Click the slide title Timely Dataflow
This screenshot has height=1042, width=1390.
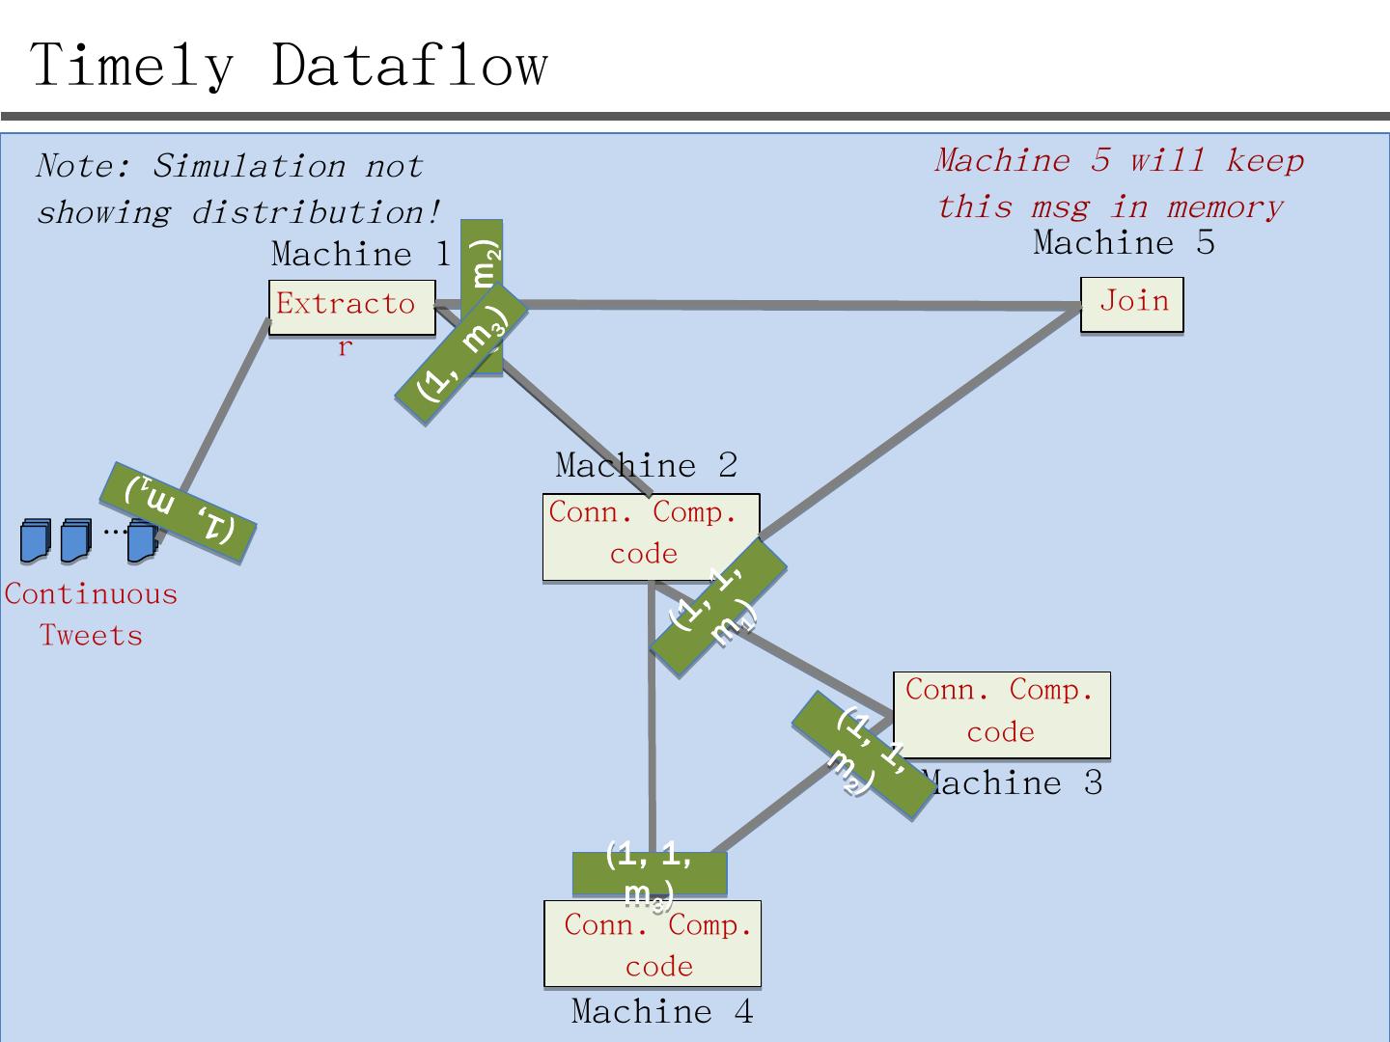click(290, 66)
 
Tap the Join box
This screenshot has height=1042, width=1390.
click(1131, 304)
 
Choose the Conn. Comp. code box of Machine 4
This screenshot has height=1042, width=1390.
click(653, 944)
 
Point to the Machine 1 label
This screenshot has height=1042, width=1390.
click(361, 254)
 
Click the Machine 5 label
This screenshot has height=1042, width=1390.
click(1124, 242)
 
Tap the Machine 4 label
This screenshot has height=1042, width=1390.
click(661, 1011)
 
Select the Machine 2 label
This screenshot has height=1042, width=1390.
click(646, 465)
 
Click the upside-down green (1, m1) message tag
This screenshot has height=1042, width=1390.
click(178, 512)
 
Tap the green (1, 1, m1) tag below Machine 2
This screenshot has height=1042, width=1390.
click(718, 608)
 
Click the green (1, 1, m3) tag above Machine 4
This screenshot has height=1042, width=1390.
click(649, 872)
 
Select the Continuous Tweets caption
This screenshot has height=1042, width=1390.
click(91, 614)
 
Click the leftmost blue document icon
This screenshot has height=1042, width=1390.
click(35, 540)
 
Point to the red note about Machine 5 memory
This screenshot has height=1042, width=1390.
click(1119, 183)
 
